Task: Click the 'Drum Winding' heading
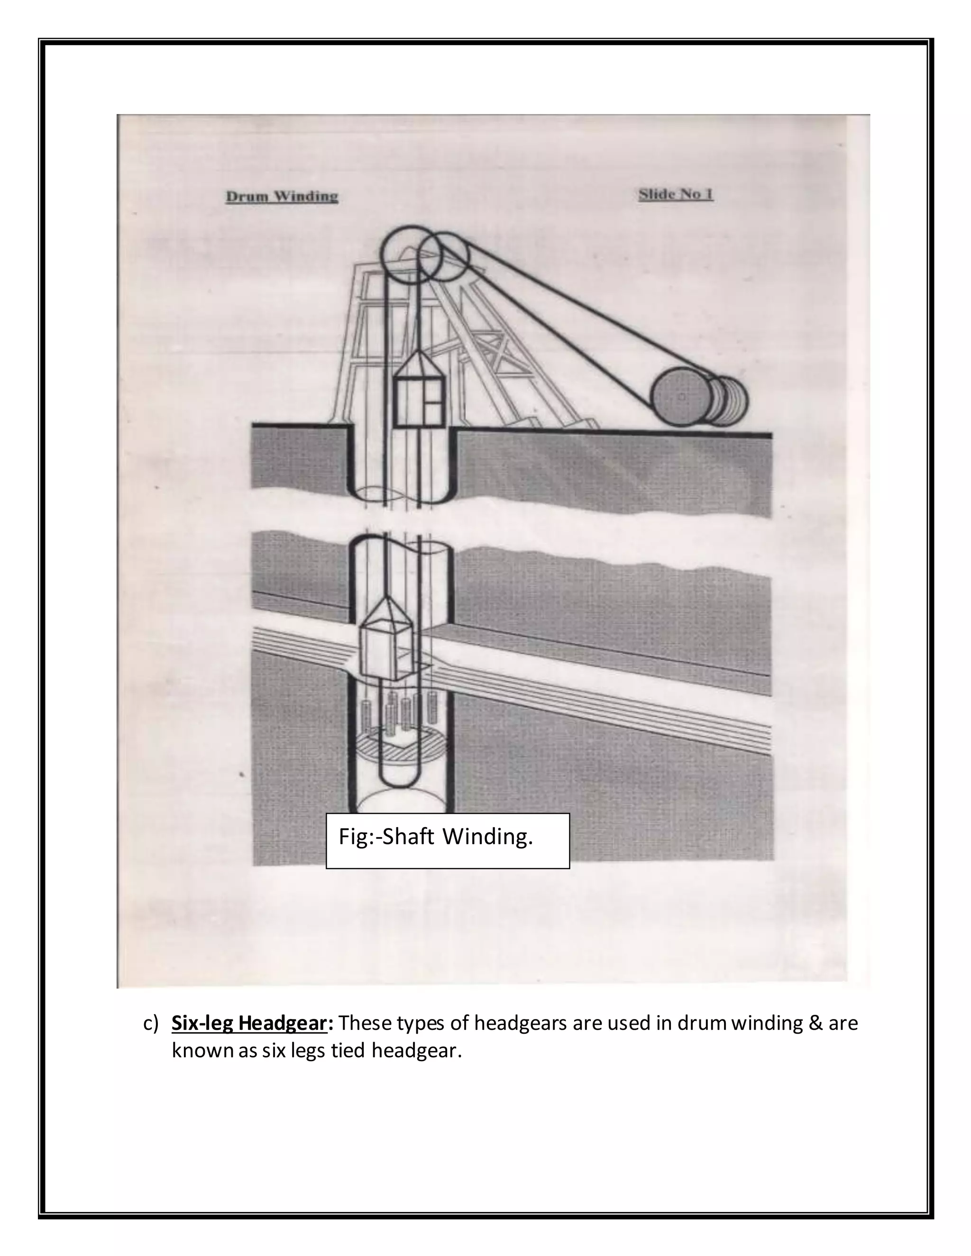(x=281, y=197)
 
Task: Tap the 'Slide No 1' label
(x=676, y=194)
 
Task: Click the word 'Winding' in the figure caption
(x=488, y=837)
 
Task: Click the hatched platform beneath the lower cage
(x=397, y=747)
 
